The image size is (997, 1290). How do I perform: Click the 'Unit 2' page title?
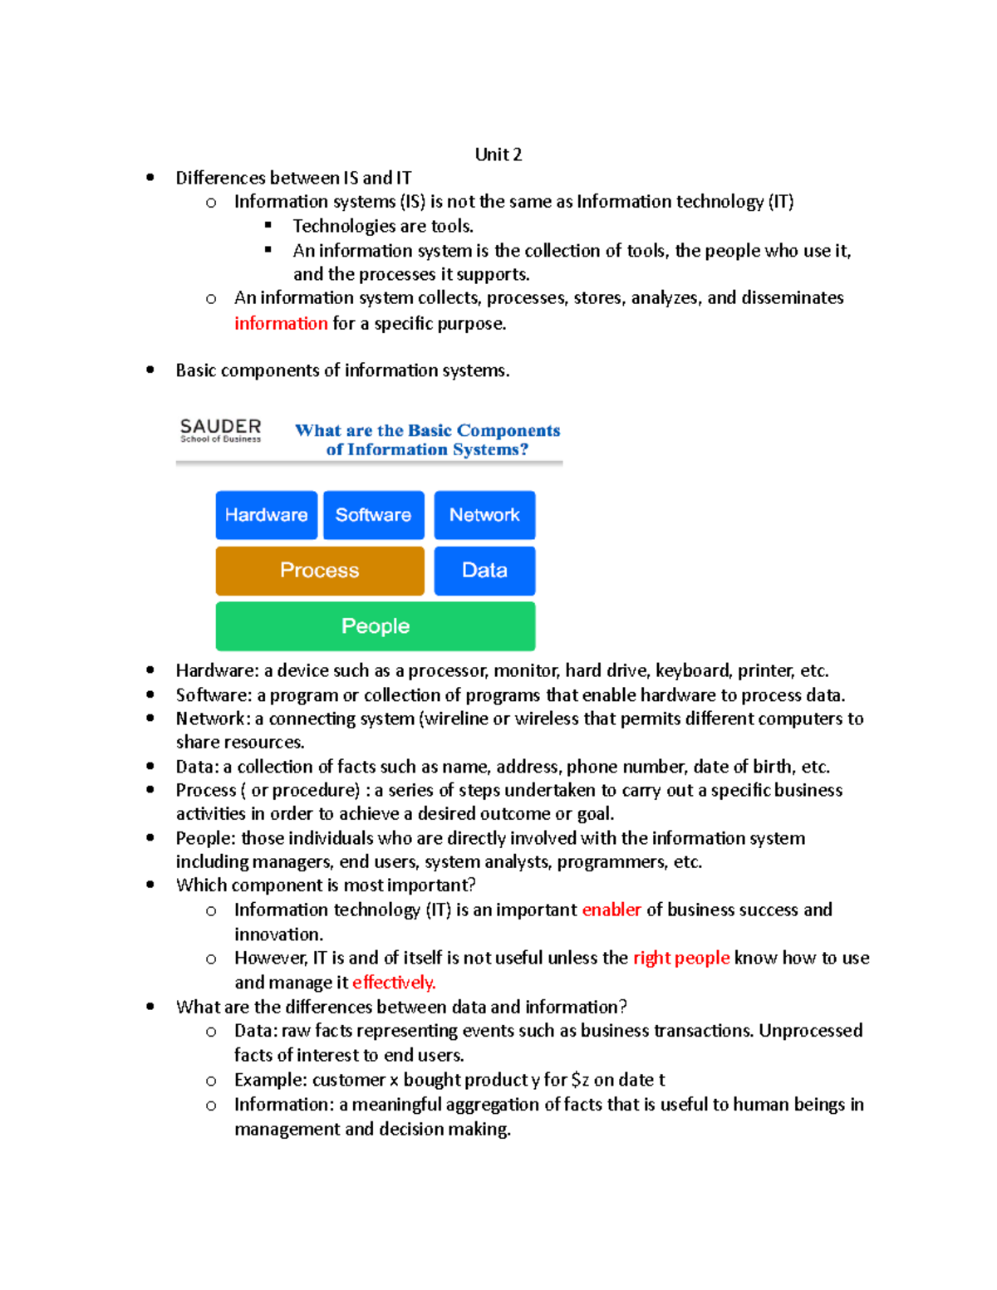(x=498, y=155)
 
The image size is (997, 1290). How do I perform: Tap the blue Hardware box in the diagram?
(x=266, y=515)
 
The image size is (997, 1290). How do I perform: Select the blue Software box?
(x=373, y=515)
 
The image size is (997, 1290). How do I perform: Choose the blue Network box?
(x=484, y=515)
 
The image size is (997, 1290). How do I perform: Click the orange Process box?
(x=320, y=571)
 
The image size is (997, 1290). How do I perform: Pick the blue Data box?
(x=484, y=571)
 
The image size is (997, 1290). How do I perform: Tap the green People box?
(x=376, y=626)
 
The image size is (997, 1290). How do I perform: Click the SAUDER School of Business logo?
(x=220, y=430)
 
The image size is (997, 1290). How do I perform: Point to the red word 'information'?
(x=281, y=323)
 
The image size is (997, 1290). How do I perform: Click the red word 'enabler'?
(x=611, y=910)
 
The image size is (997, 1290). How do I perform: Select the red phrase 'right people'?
(x=681, y=958)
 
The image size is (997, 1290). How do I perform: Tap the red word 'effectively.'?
(x=394, y=983)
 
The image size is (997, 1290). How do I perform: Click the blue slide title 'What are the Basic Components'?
(x=427, y=431)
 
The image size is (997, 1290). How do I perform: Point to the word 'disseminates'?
(x=792, y=298)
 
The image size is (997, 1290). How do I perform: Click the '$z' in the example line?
(x=580, y=1080)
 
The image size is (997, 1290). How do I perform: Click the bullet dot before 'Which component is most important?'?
(x=150, y=885)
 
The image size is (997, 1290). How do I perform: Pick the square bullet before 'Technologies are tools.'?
(x=268, y=225)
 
